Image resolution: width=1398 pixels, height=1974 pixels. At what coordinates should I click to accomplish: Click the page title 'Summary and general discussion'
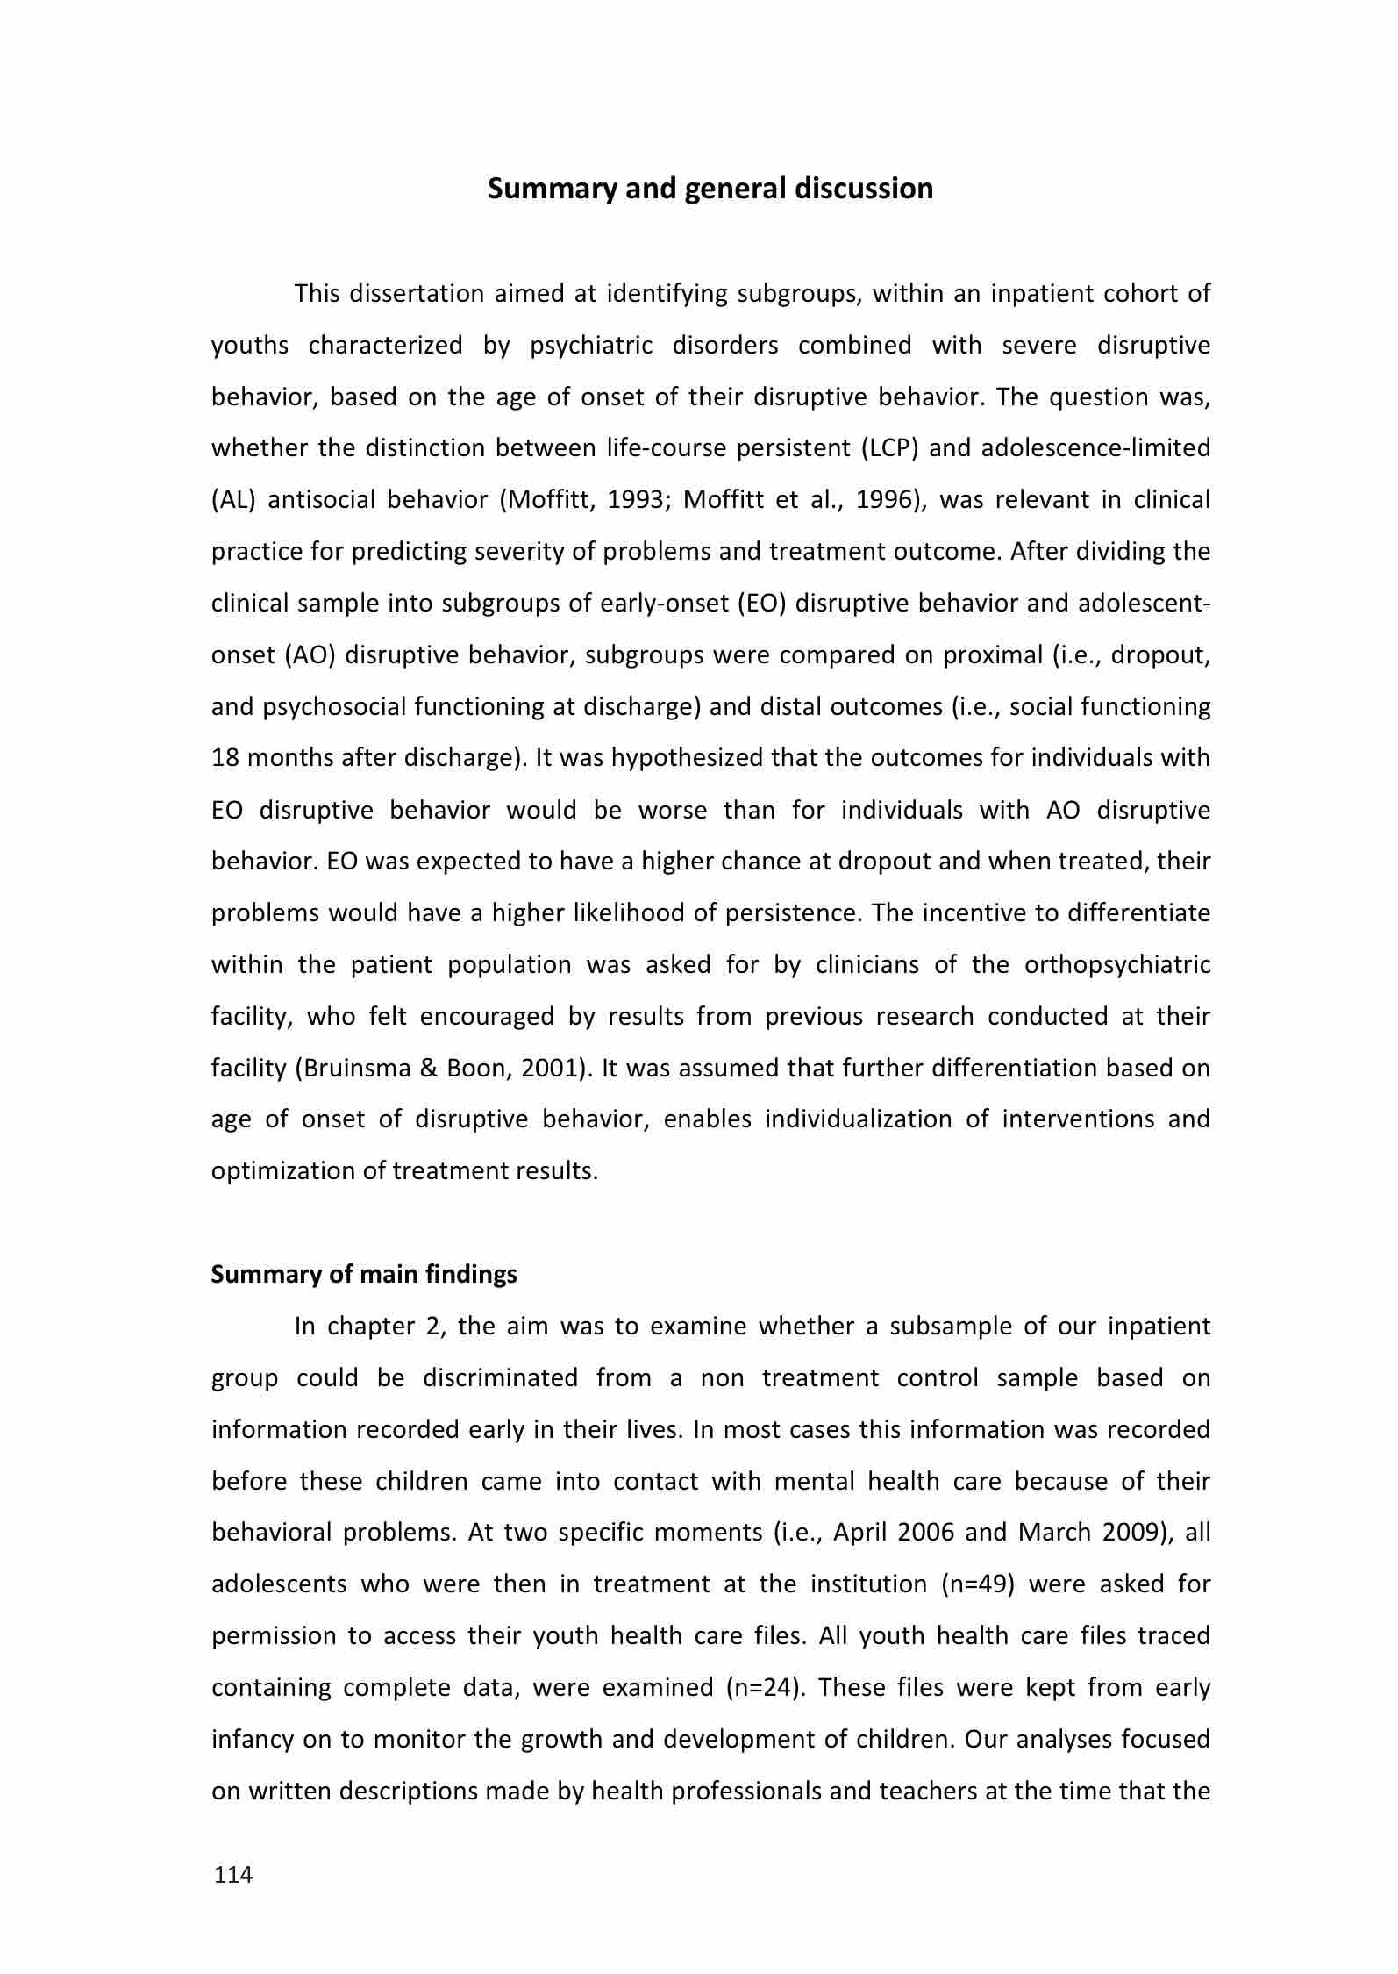tap(710, 189)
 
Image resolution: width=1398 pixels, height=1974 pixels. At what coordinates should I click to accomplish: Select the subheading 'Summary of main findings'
tap(364, 1274)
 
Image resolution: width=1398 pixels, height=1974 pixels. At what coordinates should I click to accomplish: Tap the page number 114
tap(233, 1875)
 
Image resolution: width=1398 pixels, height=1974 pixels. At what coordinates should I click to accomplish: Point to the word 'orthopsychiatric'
tap(1116, 965)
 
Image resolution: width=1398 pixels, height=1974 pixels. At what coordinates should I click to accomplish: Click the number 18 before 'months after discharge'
tap(225, 758)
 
